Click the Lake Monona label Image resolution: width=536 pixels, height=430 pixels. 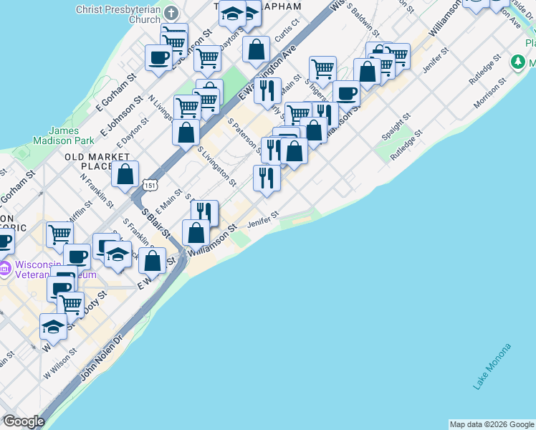tap(492, 366)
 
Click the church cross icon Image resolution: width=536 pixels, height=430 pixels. tap(171, 14)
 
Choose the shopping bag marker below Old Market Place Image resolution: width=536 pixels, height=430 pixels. tap(125, 174)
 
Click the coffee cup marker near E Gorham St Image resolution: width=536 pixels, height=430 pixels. tap(158, 57)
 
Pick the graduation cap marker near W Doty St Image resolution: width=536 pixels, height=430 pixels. tap(53, 326)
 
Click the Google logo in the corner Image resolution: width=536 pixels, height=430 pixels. tap(24, 422)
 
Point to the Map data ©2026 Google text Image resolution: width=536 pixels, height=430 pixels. tap(492, 424)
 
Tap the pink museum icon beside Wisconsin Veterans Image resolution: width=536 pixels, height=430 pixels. tap(5, 269)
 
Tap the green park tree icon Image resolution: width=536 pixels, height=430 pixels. tap(518, 62)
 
